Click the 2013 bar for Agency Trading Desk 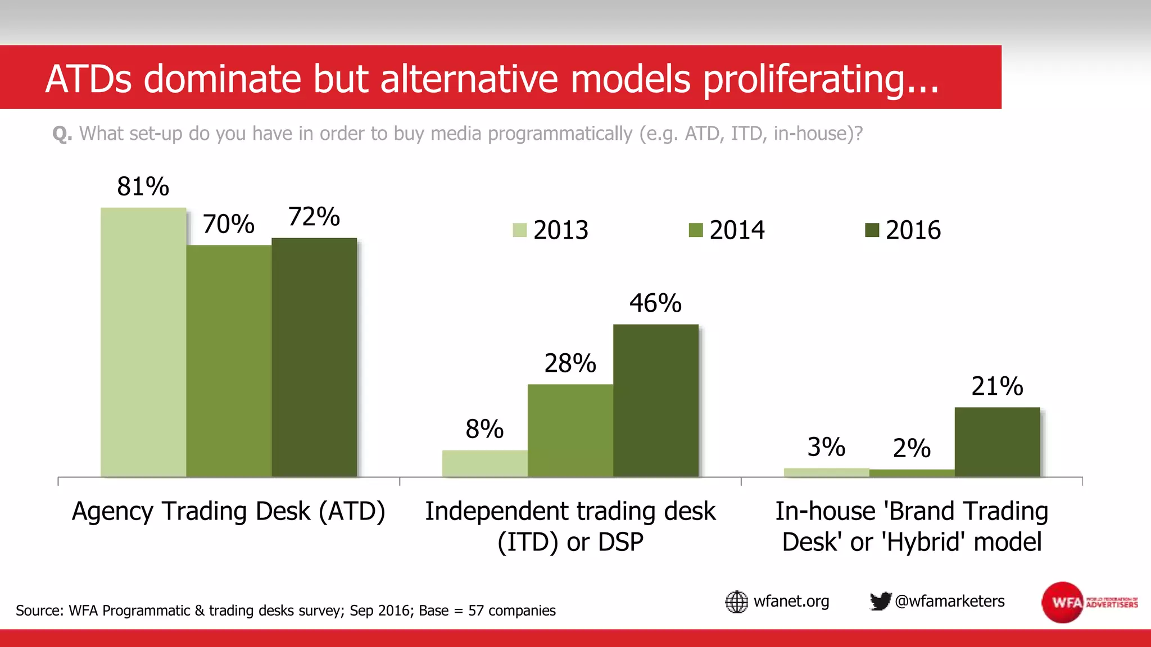pyautogui.click(x=143, y=343)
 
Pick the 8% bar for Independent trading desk pyautogui.click(x=484, y=463)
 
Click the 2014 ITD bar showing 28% pyautogui.click(x=570, y=431)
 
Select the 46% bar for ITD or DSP pyautogui.click(x=655, y=400)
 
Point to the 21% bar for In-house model pyautogui.click(x=997, y=442)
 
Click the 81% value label pyautogui.click(x=143, y=186)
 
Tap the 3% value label pyautogui.click(x=826, y=447)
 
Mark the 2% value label pyautogui.click(x=912, y=448)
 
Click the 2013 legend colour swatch pyautogui.click(x=520, y=230)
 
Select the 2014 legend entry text pyautogui.click(x=737, y=230)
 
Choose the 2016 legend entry pyautogui.click(x=913, y=230)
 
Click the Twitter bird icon pyautogui.click(x=880, y=601)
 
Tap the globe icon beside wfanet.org pyautogui.click(x=736, y=602)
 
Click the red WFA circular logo pyautogui.click(x=1062, y=602)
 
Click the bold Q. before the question pyautogui.click(x=62, y=134)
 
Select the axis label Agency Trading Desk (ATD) pyautogui.click(x=228, y=511)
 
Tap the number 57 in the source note pyautogui.click(x=475, y=610)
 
